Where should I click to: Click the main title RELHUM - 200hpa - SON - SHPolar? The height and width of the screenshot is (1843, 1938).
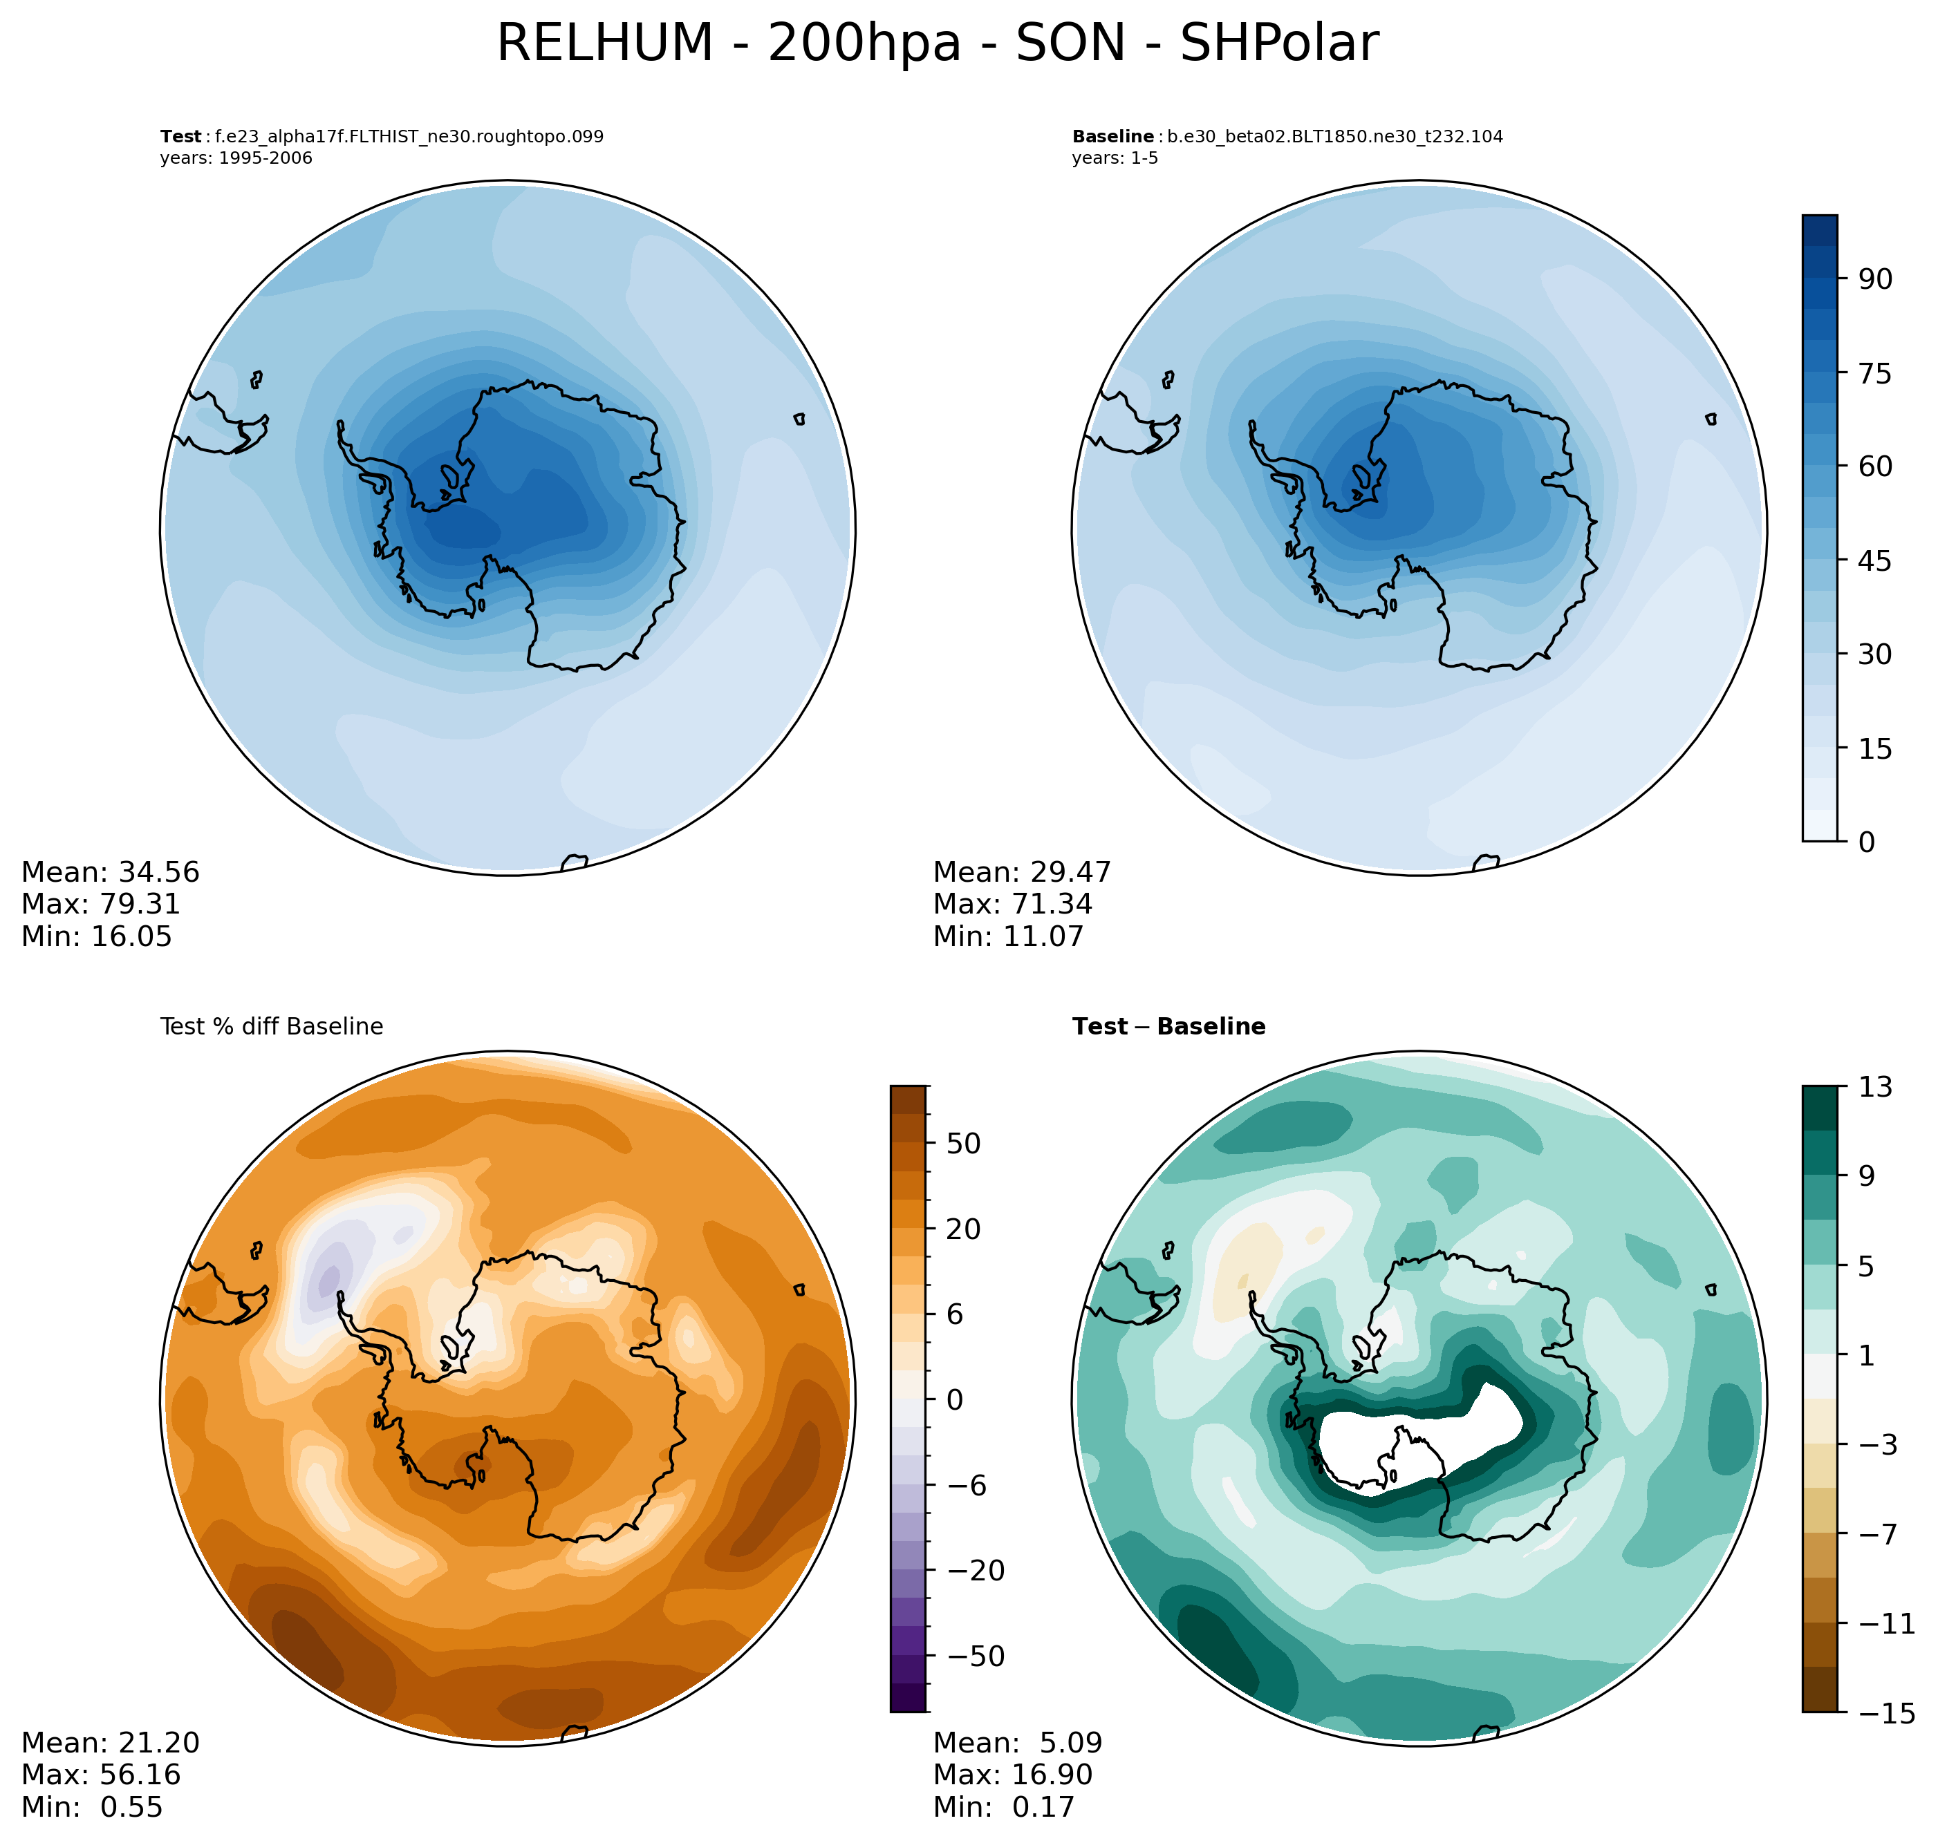point(938,44)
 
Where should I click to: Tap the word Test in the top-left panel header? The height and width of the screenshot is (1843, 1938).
point(180,137)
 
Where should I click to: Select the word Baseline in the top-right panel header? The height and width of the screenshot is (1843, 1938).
point(1112,137)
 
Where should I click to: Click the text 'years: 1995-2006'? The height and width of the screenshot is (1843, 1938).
point(236,158)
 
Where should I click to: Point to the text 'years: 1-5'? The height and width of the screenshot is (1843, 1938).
point(1115,158)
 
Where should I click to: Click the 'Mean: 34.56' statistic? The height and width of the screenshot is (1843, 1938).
point(110,872)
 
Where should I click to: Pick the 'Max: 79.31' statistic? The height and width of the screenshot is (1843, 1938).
point(101,904)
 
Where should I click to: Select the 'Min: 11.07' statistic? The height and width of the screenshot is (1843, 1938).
point(1008,936)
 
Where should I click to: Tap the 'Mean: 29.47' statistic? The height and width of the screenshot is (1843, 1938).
point(1022,872)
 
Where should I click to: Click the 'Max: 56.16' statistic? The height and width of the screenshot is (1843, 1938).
point(101,1774)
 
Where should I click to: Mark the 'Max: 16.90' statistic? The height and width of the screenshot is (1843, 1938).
point(1012,1774)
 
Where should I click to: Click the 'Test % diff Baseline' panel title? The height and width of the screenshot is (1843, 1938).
point(271,1027)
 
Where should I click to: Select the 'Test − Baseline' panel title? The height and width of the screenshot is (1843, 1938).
point(1168,1027)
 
